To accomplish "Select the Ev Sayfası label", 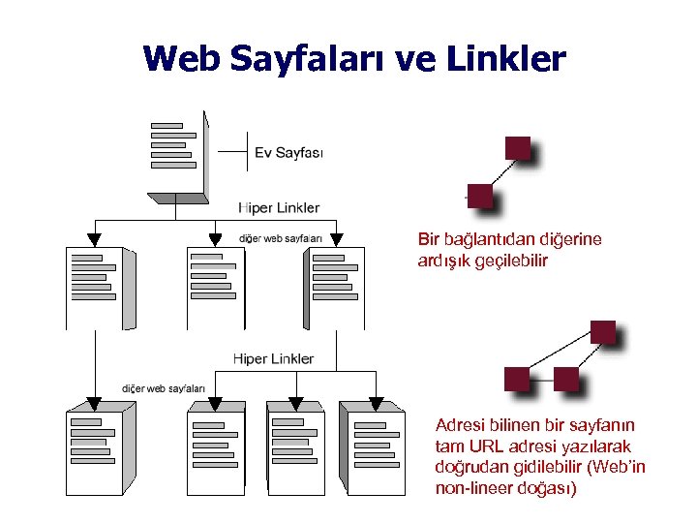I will [288, 152].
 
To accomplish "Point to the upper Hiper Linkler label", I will [279, 207].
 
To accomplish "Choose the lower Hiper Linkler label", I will [273, 358].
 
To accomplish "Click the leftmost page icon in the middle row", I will [99, 286].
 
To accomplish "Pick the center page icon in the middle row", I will [218, 286].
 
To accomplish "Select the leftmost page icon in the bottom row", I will [99, 449].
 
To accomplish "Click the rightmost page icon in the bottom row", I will [376, 449].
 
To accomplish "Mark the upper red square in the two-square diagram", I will [518, 148].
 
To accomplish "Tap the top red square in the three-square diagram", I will [602, 332].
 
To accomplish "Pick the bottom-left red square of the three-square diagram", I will [517, 378].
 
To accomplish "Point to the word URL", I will [488, 446].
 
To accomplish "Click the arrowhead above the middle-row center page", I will [215, 239].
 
